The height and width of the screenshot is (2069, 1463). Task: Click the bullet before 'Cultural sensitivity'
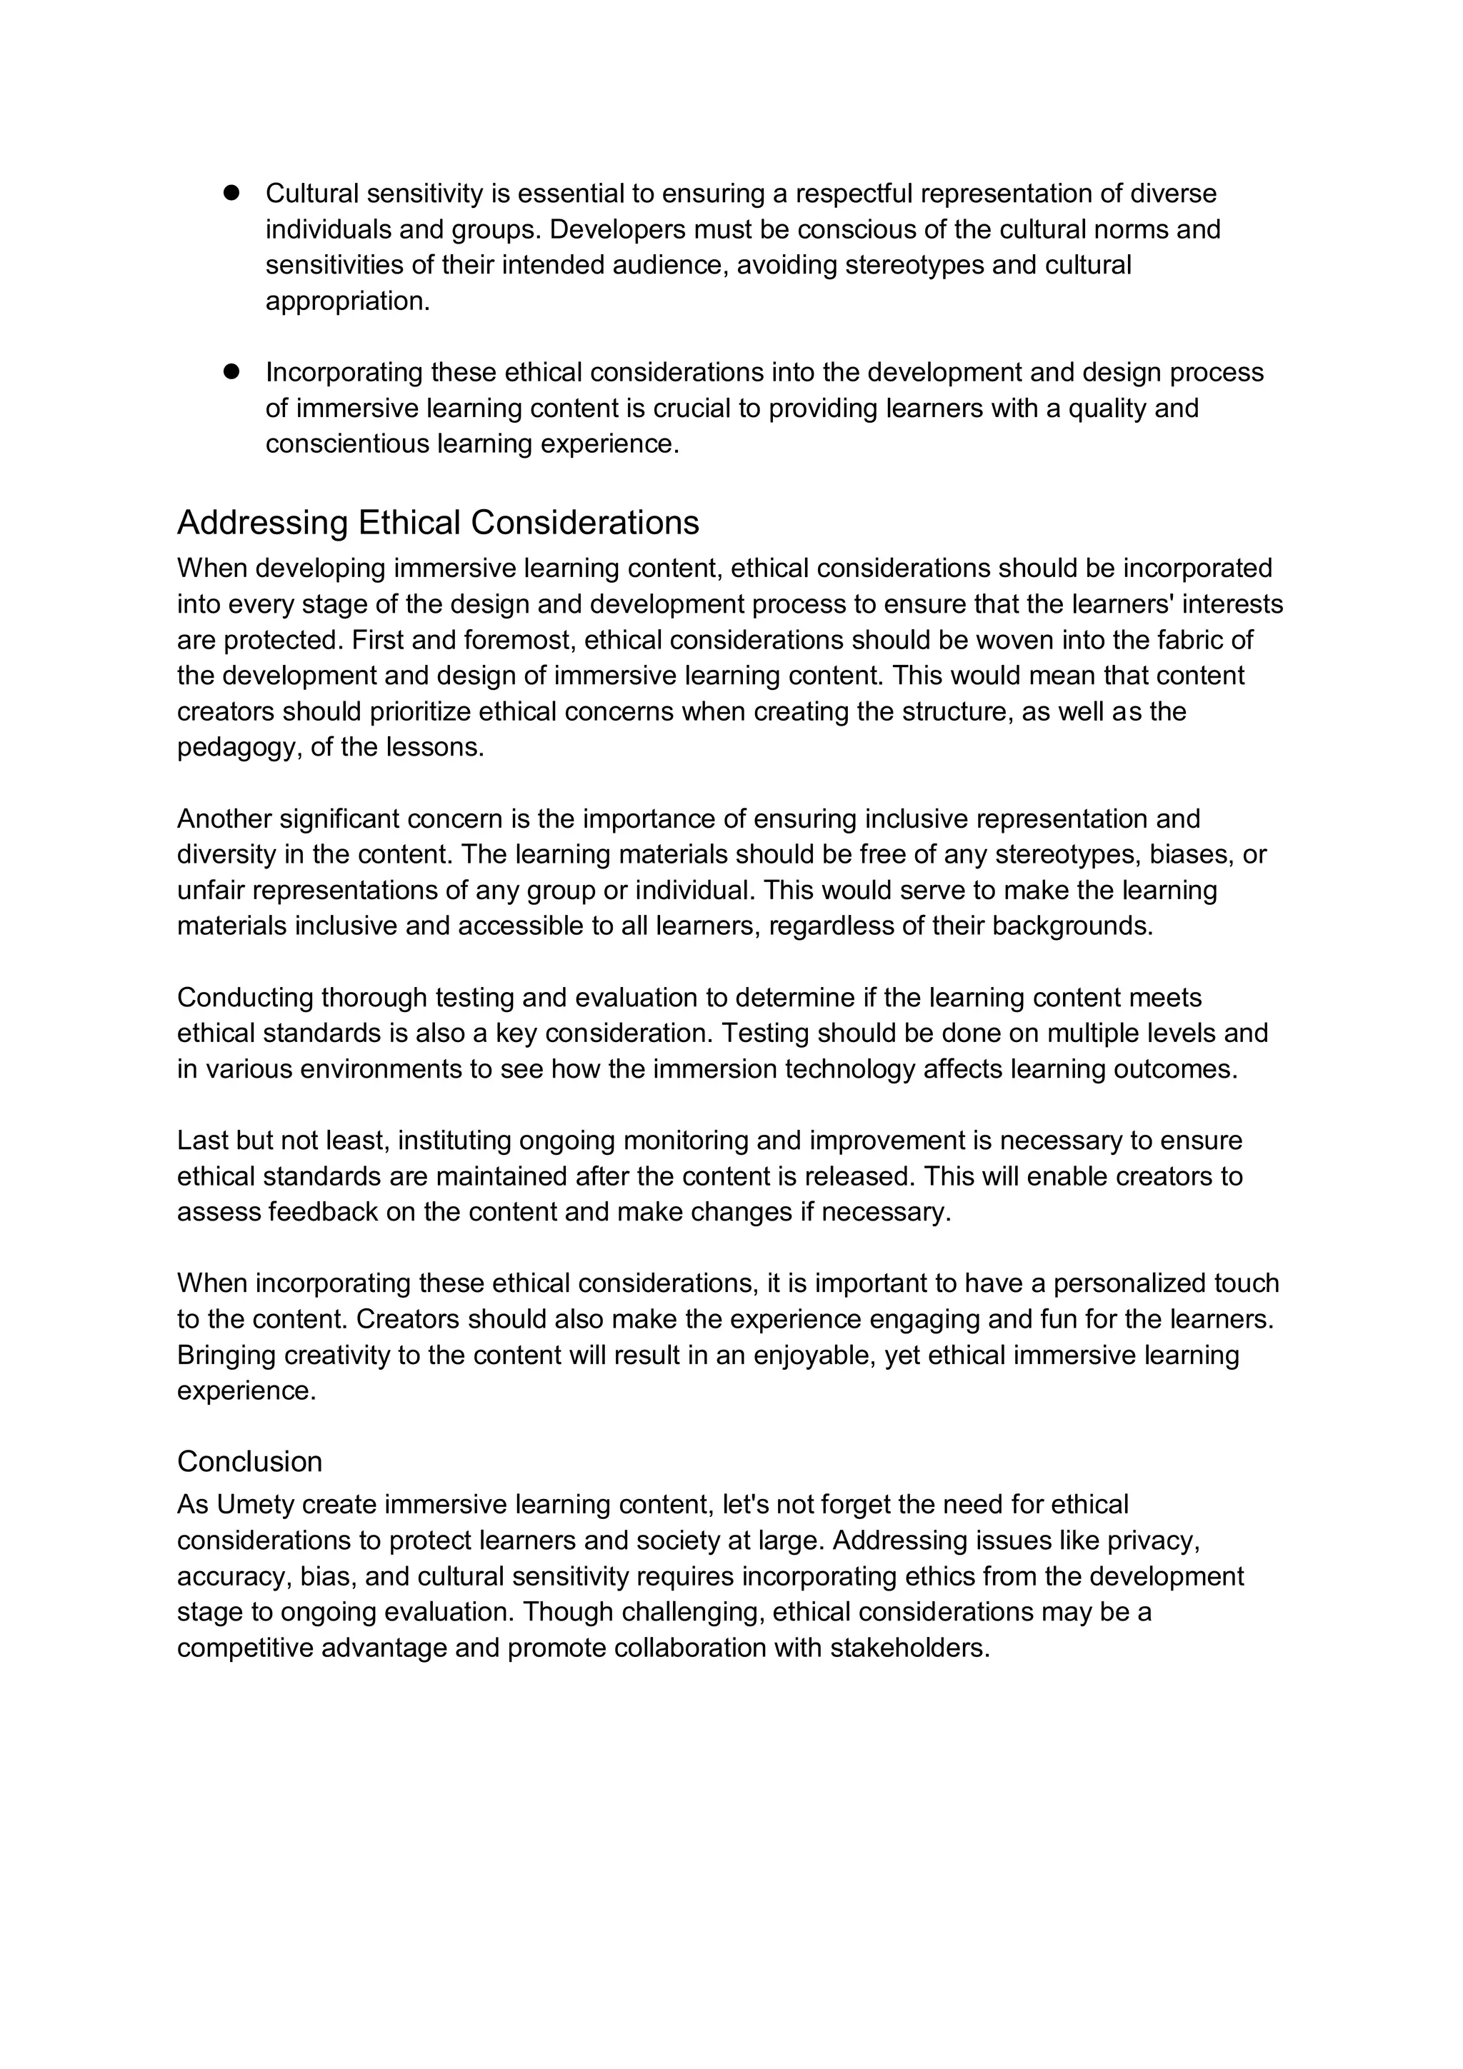(x=231, y=192)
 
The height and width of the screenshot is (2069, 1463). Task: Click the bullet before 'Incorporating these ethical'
(x=231, y=371)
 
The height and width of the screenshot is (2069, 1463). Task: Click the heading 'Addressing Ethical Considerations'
(x=438, y=523)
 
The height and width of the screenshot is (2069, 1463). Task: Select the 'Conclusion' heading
(x=250, y=1461)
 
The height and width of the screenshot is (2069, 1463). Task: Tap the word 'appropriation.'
(x=348, y=301)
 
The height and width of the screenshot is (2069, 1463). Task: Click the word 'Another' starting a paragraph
(x=224, y=818)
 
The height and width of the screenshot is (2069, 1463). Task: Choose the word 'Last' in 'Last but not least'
(x=203, y=1140)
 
